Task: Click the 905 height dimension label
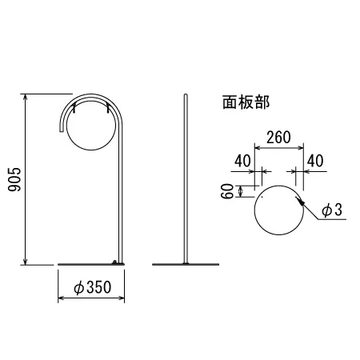(x=14, y=179)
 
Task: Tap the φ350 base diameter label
(x=92, y=287)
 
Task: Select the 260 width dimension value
(x=278, y=138)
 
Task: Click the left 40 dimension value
(x=242, y=161)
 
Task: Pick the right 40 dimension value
(x=315, y=161)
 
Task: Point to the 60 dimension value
(x=227, y=191)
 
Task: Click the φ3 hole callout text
(x=332, y=210)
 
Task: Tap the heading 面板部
(x=246, y=102)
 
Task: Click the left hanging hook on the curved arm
(x=74, y=108)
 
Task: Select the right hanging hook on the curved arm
(x=107, y=108)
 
